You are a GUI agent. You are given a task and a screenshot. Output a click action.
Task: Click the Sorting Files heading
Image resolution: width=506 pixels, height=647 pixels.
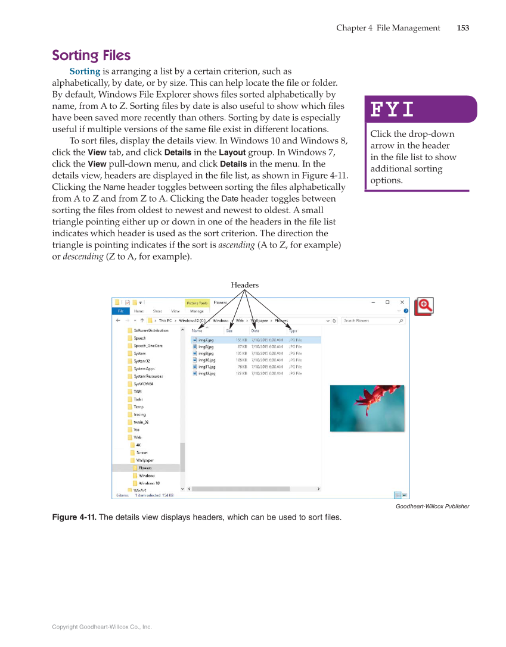coord(91,55)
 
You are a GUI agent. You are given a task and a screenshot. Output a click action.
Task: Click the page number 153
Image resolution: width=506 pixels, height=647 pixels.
coord(462,28)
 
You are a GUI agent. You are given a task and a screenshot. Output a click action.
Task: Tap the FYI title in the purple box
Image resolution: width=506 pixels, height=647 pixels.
coord(392,110)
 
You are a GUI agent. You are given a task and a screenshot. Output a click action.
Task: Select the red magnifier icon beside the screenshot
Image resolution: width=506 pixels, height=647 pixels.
coord(424,306)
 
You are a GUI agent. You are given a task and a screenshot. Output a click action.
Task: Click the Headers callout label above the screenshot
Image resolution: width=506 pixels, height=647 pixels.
coord(245,285)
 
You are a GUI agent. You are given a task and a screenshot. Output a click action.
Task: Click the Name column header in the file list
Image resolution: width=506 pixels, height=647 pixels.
coord(197,330)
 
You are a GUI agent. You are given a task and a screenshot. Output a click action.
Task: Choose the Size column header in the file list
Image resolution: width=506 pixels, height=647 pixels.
coord(229,330)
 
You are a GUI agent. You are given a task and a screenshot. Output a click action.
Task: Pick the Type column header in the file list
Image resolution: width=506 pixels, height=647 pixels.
coord(293,330)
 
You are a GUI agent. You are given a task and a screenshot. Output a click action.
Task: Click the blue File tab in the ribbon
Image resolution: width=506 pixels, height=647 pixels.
coord(120,311)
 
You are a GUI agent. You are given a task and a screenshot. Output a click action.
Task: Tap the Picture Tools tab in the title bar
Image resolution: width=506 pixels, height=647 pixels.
coord(197,303)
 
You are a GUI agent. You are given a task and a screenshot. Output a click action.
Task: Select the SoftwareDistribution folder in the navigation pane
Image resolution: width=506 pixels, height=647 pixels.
coord(150,330)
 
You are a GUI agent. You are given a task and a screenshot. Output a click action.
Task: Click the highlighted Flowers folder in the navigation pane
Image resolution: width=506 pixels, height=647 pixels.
coord(145,468)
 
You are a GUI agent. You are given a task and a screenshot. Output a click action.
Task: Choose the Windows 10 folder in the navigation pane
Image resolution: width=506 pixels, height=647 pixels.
coord(148,483)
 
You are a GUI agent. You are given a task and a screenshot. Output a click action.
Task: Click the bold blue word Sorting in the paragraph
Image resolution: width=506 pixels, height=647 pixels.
coord(85,71)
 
